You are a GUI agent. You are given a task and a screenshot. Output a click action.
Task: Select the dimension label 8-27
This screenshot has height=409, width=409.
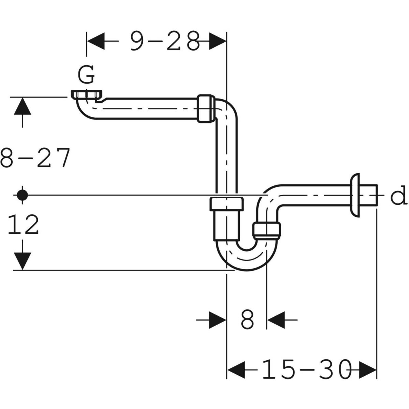[35, 158]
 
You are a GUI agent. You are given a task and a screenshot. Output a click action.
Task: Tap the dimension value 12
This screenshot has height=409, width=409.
[23, 225]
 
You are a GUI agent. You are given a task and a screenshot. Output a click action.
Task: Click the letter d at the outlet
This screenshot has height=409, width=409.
[398, 196]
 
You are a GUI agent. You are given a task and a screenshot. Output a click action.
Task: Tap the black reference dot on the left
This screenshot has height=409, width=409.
[22, 195]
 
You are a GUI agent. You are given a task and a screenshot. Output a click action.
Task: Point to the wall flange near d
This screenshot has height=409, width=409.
[355, 195]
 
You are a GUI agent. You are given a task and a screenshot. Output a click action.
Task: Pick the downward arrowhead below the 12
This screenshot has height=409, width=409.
[22, 261]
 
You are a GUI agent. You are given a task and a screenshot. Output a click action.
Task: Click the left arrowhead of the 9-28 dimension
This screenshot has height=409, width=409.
[96, 41]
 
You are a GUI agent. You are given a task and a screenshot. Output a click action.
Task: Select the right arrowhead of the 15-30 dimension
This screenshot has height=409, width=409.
[368, 370]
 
